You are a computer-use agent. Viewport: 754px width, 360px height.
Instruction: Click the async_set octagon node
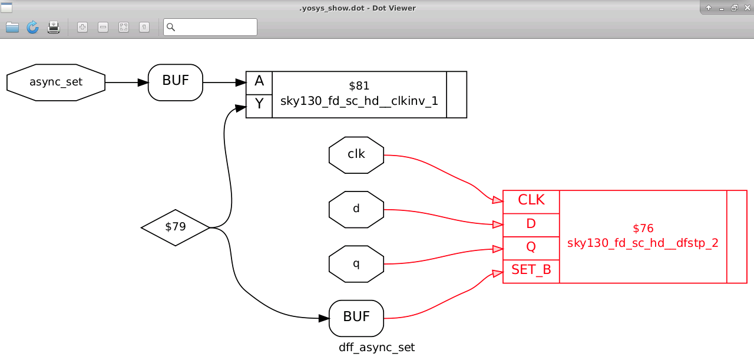tap(56, 82)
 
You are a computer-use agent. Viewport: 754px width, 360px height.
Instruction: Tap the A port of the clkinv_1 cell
tap(259, 82)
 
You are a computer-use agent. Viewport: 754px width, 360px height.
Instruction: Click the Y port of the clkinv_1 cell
tap(259, 106)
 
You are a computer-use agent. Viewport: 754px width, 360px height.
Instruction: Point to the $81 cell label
tap(359, 87)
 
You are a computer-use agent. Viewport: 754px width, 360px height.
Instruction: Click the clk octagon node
tap(356, 155)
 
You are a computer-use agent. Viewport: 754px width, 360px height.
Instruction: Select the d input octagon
tap(356, 209)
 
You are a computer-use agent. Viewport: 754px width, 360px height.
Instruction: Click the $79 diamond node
tap(176, 227)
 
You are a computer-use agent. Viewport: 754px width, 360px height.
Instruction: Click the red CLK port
tap(531, 201)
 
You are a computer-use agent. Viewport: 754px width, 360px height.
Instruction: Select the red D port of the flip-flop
tap(531, 224)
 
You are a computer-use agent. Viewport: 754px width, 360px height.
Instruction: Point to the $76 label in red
tap(643, 228)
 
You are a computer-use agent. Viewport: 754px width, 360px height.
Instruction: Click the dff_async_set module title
tap(376, 348)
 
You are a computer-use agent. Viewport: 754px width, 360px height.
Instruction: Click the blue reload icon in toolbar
tap(32, 27)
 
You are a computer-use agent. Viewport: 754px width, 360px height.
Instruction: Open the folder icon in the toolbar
tap(12, 27)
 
